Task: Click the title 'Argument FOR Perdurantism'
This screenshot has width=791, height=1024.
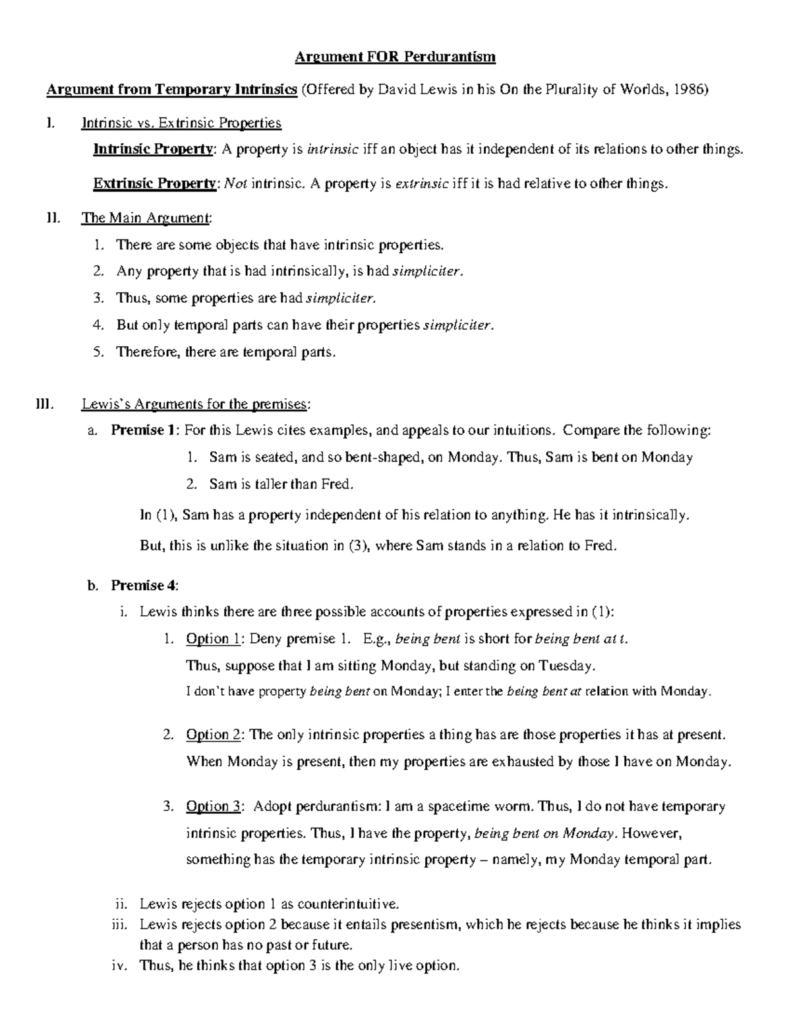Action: tap(394, 57)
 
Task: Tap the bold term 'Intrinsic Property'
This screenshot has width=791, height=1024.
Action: tap(153, 149)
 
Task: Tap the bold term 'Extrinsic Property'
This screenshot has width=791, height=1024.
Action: tap(154, 183)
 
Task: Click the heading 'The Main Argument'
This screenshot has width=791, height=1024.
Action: tap(146, 218)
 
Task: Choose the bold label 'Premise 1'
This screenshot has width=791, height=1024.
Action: tap(143, 431)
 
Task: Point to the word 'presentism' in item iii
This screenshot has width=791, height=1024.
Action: tap(425, 924)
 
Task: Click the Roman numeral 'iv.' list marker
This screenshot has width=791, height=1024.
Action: tap(121, 966)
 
